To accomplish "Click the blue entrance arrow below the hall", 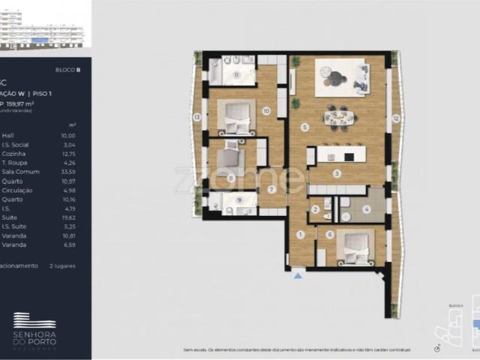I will coord(298,276).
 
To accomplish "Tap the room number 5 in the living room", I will coord(304,127).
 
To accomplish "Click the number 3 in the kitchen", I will coord(337,173).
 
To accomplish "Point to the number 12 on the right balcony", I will coord(395,118).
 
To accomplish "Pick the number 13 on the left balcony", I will coord(196,117).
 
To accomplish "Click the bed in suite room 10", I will coord(237,115).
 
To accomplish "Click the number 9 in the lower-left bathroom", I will coord(238,200).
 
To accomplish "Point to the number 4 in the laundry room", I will coord(367,208).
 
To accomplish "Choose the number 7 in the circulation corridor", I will coord(271,189).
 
